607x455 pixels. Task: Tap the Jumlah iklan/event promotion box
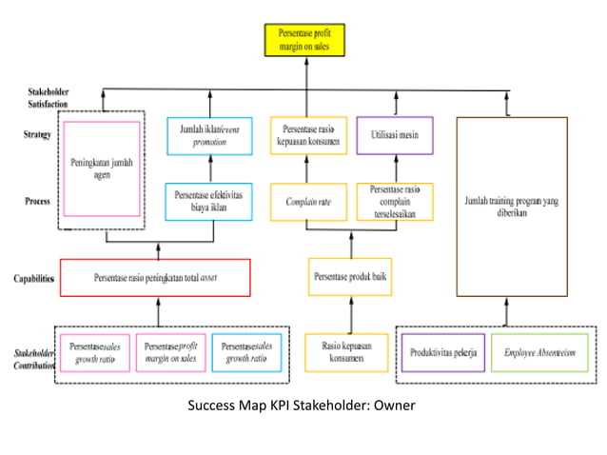tap(209, 135)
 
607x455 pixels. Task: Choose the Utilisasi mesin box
tap(394, 135)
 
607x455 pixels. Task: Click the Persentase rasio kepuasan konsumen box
tap(309, 135)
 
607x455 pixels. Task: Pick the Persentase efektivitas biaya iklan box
tap(209, 202)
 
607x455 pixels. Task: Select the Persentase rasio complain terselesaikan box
tap(394, 202)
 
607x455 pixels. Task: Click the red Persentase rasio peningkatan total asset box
tap(155, 278)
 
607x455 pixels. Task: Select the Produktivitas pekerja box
tap(442, 352)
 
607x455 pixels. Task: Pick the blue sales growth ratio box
tap(245, 352)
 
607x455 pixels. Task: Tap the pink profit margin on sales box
tap(170, 352)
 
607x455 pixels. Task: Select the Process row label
tap(35, 202)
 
